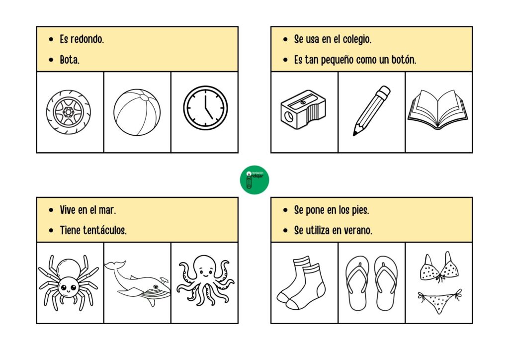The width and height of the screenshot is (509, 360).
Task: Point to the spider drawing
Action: tap(68, 281)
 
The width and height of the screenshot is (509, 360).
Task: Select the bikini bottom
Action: tap(439, 301)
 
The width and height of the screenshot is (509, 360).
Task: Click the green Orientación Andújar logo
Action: tap(254, 180)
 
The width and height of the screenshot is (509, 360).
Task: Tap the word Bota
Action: tap(70, 60)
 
